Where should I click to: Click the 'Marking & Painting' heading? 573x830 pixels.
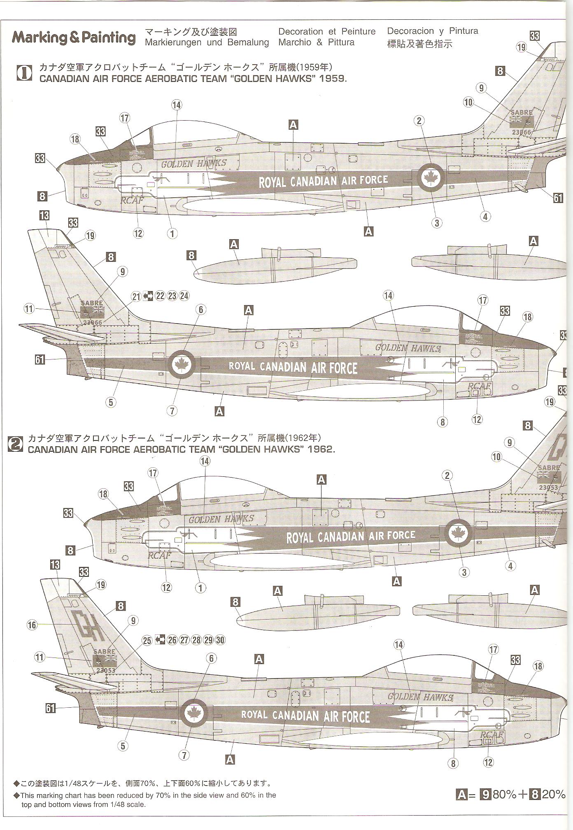[73, 38]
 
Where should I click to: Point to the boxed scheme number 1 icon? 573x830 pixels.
[24, 73]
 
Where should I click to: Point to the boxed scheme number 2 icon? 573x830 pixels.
[16, 444]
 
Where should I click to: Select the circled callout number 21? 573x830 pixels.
[137, 296]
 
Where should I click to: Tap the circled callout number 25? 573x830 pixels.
[147, 640]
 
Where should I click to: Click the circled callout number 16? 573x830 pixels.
[32, 625]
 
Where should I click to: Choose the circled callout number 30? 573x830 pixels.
[220, 640]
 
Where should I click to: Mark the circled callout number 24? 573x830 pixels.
[184, 296]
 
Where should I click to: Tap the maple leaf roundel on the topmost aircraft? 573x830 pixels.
[431, 177]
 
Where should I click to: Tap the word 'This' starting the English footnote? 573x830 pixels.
[28, 795]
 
